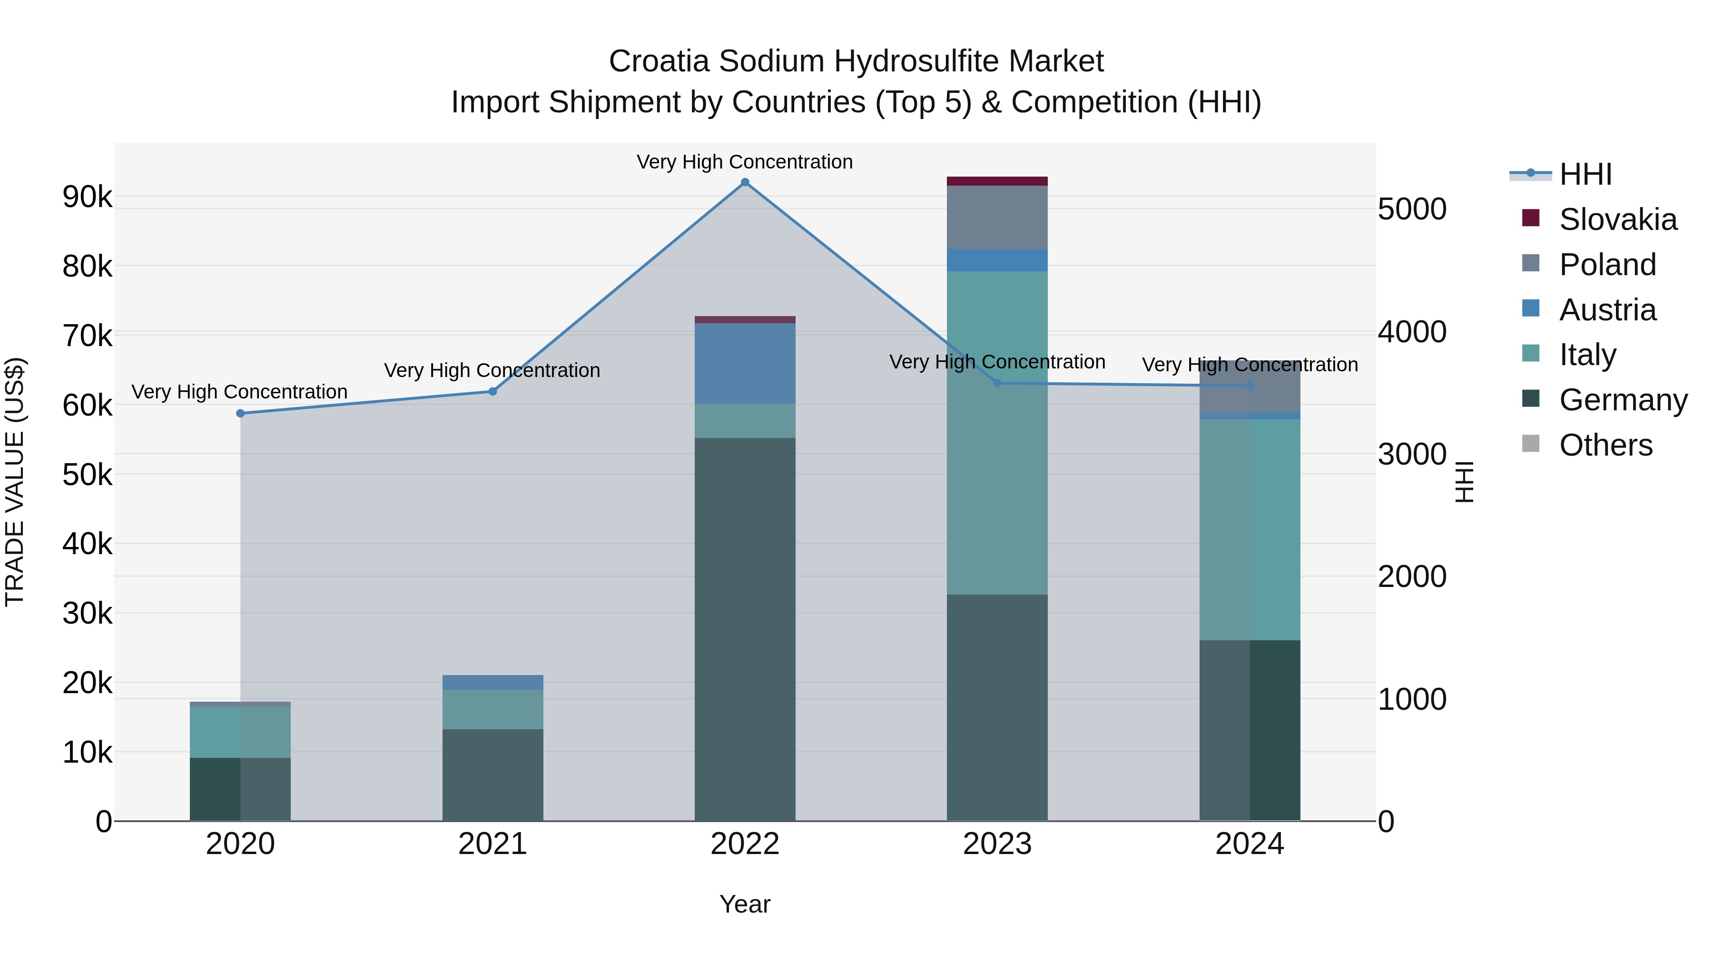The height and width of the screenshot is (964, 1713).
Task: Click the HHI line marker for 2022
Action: click(x=745, y=182)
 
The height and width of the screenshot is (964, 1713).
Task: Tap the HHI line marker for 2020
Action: click(x=241, y=413)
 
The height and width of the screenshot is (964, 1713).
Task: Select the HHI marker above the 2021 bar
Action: click(x=493, y=391)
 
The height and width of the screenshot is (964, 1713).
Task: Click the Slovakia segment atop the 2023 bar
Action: click(x=997, y=181)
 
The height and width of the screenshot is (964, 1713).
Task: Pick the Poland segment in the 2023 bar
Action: click(x=997, y=218)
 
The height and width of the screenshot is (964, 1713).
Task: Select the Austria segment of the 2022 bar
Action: click(x=745, y=363)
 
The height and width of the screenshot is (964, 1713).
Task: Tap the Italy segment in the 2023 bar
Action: click(x=997, y=432)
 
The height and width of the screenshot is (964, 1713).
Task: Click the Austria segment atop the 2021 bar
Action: click(x=493, y=682)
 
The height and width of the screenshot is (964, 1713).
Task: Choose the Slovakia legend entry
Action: click(x=1617, y=219)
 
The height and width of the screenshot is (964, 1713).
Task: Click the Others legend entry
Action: click(x=1605, y=445)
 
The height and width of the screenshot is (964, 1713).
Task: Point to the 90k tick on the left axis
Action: click(x=87, y=197)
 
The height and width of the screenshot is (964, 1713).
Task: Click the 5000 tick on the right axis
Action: click(x=1412, y=209)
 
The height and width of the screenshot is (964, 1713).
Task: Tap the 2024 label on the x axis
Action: click(x=1250, y=844)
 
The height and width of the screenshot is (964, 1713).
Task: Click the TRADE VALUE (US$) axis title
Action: click(x=15, y=482)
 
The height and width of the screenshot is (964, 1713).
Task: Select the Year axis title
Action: click(x=745, y=904)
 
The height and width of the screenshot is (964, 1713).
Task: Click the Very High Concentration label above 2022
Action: click(x=745, y=162)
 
